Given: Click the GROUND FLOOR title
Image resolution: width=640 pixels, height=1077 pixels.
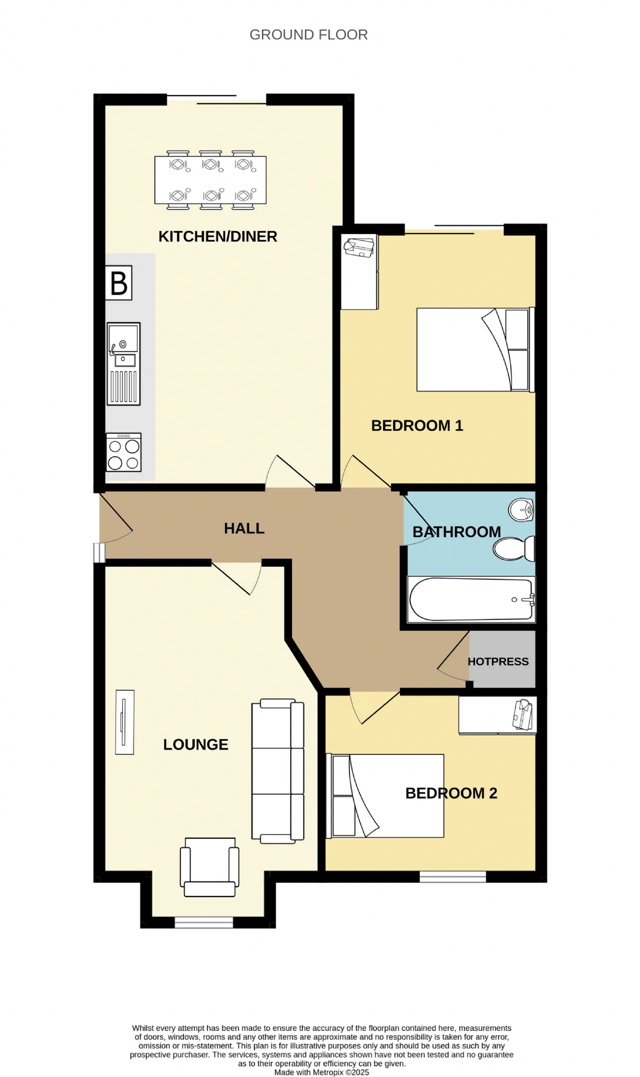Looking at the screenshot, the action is coord(308,35).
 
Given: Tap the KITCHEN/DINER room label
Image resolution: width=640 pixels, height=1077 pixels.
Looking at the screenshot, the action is coord(217,236).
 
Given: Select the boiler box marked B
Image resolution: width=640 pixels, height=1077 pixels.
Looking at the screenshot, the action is coord(118,283).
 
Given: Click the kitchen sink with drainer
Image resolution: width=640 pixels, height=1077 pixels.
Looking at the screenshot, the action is coord(123,364).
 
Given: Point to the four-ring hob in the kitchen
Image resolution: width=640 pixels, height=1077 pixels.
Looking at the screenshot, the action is coord(123,452).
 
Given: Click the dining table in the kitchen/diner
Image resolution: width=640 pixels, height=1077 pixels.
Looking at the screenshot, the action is coord(210,180).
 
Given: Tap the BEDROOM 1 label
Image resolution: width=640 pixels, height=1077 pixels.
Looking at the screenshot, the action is coord(417,425).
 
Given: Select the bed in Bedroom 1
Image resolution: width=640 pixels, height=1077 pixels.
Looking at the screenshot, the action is coord(475,349).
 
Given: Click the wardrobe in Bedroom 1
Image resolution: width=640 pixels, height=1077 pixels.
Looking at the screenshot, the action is coord(359,272).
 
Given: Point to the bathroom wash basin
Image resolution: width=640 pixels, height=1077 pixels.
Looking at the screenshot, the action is coord(521,510).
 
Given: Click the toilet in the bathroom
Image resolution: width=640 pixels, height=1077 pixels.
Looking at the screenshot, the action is coord(514,548).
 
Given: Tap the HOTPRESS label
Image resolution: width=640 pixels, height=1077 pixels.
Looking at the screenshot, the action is coord(498,661).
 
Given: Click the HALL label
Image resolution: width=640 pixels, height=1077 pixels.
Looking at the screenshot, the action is coord(244,528).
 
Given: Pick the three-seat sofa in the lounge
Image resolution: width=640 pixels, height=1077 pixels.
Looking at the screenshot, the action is coord(277,771).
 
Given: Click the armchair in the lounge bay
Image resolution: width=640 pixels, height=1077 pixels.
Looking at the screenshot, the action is coord(209,867).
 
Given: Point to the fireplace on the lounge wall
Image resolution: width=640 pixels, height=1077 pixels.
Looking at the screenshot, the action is coord(124,722).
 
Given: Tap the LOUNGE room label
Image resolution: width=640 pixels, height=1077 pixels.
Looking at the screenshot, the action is coord(195,744).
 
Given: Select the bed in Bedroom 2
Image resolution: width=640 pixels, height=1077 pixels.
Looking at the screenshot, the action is coord(385,796).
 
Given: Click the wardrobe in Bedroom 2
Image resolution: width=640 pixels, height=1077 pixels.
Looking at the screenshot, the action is coord(497,715).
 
